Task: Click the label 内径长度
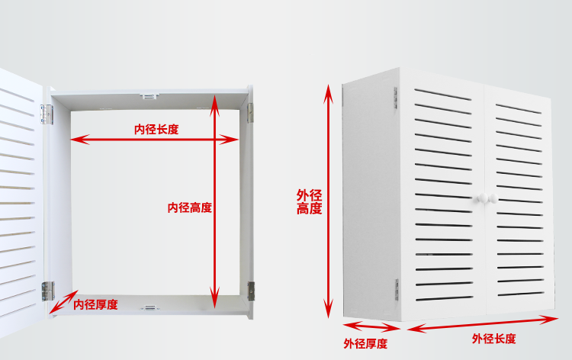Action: tap(156, 130)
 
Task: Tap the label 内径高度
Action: tap(190, 207)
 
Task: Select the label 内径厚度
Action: tap(95, 304)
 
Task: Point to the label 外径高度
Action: tap(309, 202)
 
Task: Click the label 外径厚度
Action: tap(365, 344)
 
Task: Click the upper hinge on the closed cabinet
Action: tap(396, 97)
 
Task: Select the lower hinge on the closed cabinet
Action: tap(397, 288)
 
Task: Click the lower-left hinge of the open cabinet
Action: tap(47, 290)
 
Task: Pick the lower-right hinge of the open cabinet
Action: tap(250, 290)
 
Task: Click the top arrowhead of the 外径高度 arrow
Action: tap(329, 90)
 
